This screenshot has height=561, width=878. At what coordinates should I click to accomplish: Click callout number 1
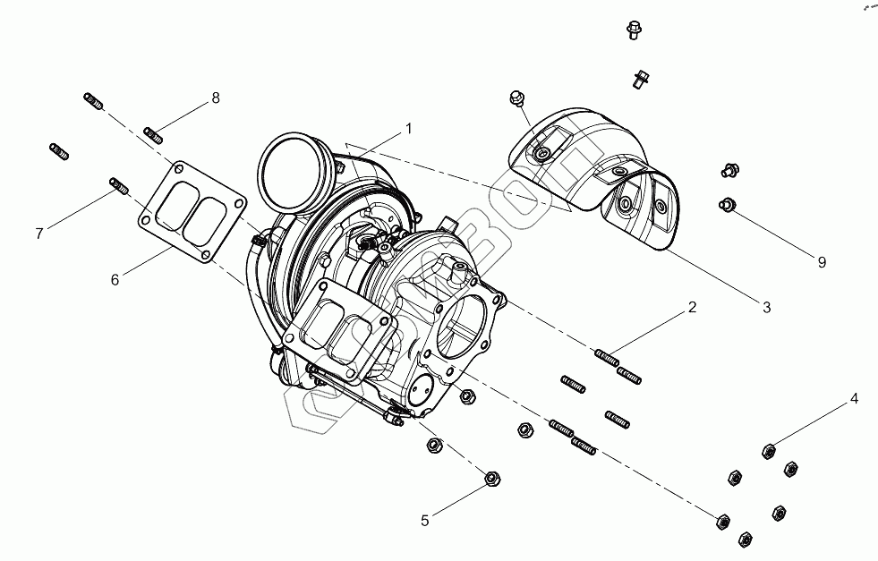coord(408,129)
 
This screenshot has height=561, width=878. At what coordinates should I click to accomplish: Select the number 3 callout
coord(766,308)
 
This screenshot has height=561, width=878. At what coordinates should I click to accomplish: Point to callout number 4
coord(854,398)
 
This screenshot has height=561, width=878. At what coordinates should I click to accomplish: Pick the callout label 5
coord(425,518)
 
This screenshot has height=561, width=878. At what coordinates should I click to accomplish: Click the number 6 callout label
coord(115,279)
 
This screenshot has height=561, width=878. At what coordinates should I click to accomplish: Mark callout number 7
coord(39,234)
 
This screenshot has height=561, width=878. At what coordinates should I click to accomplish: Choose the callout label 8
coord(215,98)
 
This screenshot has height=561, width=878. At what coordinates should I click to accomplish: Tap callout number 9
coord(821,262)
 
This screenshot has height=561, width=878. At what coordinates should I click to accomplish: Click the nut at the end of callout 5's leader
coord(491,479)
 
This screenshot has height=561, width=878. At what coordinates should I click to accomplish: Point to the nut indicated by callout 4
coord(768,451)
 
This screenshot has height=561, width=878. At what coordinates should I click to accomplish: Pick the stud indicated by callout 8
coord(154,136)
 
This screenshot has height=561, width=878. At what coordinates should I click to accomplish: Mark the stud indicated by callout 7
coord(118,185)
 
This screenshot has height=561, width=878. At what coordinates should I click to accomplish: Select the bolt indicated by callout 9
coord(726,206)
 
